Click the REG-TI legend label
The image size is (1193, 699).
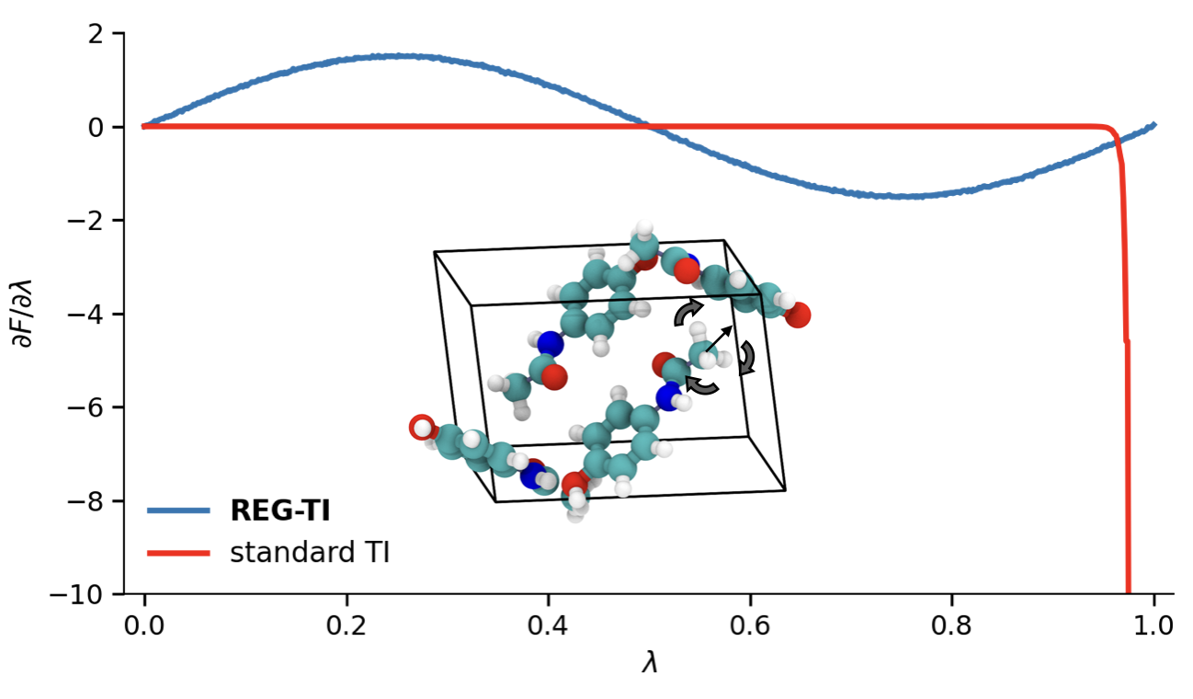(x=279, y=512)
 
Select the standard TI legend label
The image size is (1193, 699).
(x=310, y=553)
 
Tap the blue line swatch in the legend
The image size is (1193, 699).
(x=178, y=512)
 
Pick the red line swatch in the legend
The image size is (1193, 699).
(x=178, y=553)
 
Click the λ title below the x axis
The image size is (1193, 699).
(x=649, y=663)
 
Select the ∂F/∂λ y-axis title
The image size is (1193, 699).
(x=22, y=314)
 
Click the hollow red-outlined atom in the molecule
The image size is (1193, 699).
(x=422, y=428)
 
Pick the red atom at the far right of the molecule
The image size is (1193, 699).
(x=798, y=315)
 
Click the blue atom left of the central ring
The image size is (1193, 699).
(x=551, y=345)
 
